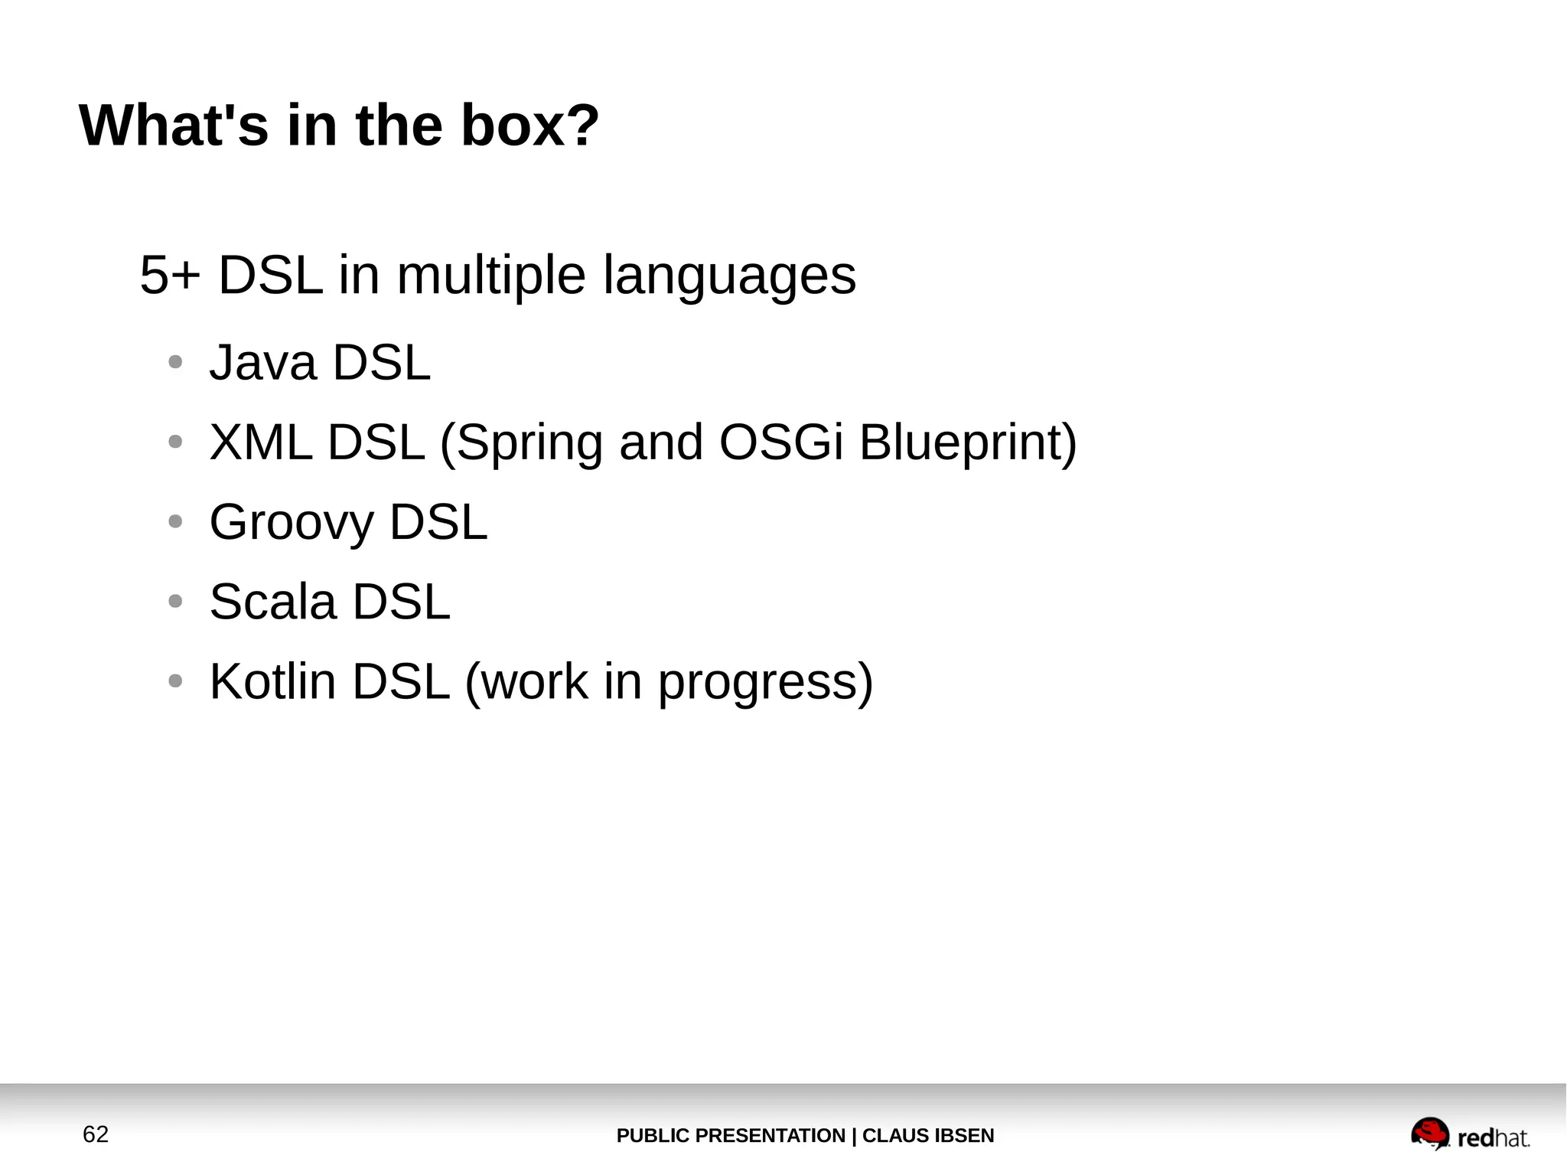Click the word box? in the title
click(529, 125)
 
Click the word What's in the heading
click(174, 125)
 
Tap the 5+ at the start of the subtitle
click(169, 275)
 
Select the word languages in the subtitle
click(729, 275)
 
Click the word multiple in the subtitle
click(490, 275)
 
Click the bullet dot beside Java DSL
click(175, 362)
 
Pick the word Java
click(262, 362)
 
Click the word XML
click(260, 442)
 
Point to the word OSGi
click(780, 442)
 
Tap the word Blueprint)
click(967, 442)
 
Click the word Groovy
click(291, 522)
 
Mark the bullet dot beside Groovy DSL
click(175, 522)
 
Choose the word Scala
click(272, 602)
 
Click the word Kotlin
click(272, 681)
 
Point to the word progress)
click(765, 681)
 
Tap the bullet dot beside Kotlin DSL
click(175, 681)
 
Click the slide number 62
click(96, 1134)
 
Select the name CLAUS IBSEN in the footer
click(927, 1136)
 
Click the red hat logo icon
click(1429, 1134)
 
